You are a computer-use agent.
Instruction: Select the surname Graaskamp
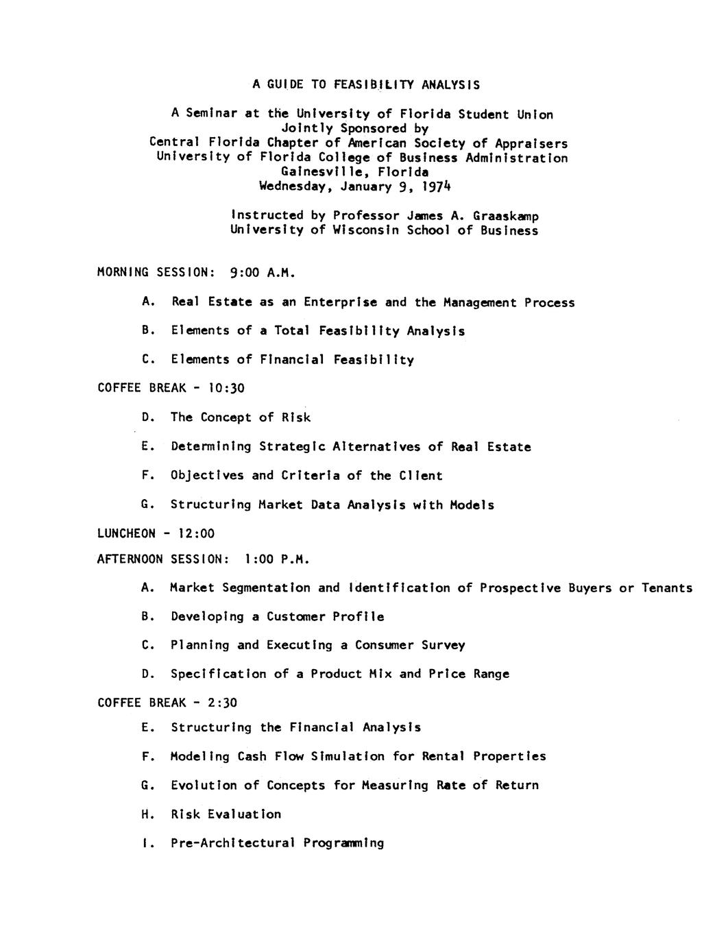(506, 216)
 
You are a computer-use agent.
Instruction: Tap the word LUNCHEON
(126, 533)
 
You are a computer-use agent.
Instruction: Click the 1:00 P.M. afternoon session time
(277, 559)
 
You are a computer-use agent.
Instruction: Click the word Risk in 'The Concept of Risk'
(295, 417)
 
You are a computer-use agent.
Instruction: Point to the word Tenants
(666, 587)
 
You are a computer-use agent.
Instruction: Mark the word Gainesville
(321, 172)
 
